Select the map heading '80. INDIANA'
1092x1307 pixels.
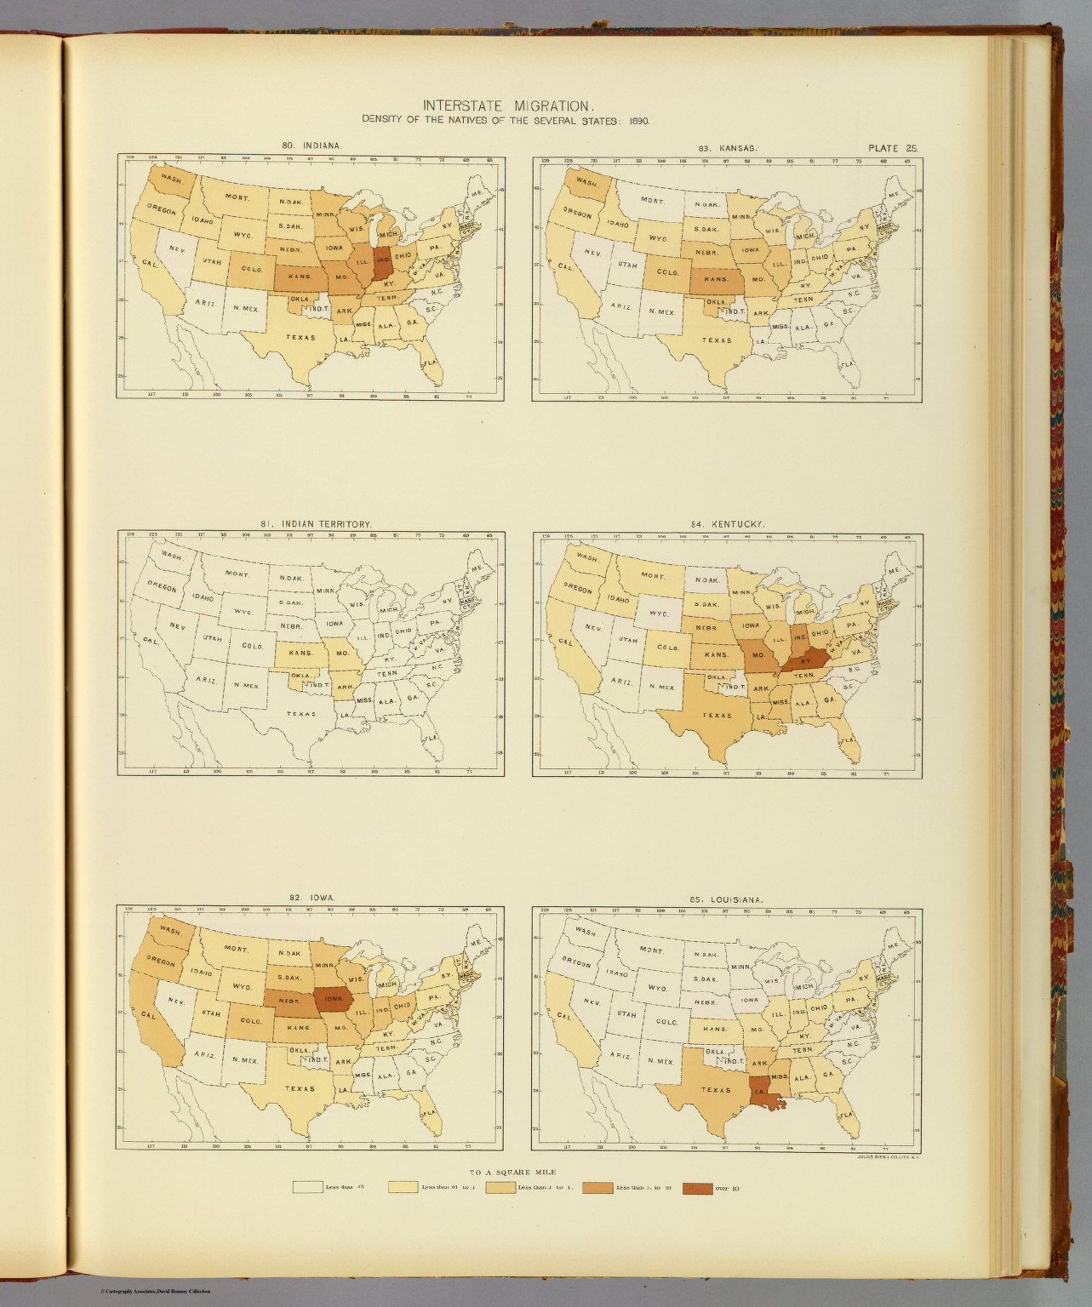pyautogui.click(x=312, y=146)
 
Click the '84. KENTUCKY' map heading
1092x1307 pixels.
pyautogui.click(x=728, y=525)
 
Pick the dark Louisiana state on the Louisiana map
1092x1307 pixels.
pyautogui.click(x=769, y=1093)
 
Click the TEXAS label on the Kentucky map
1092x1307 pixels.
pyautogui.click(x=717, y=716)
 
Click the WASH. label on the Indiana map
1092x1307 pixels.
pyautogui.click(x=170, y=180)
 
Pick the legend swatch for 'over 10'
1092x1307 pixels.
pyautogui.click(x=697, y=1187)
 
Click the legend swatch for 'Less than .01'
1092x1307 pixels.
pyautogui.click(x=307, y=1187)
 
